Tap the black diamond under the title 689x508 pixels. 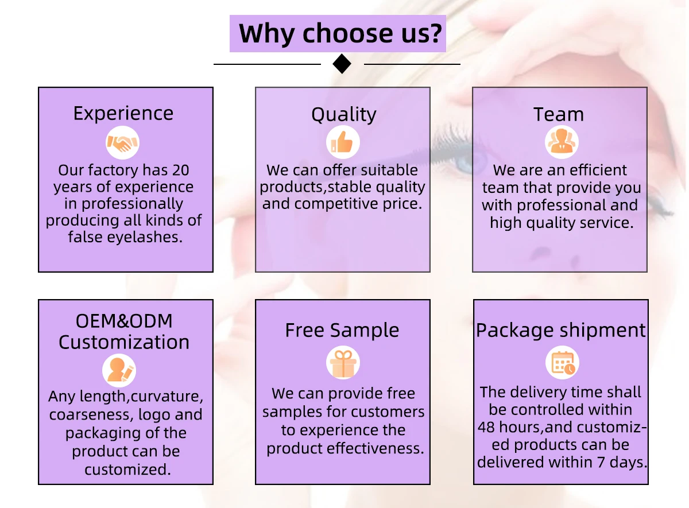342,64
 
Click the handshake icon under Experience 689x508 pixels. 123,143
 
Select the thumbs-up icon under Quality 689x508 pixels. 343,143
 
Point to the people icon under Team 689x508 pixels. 561,142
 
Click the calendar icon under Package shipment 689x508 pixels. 562,363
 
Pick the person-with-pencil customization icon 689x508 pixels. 119,370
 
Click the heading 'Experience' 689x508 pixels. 123,114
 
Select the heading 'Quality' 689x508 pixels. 343,115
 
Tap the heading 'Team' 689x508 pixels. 558,114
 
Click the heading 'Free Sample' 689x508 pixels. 342,331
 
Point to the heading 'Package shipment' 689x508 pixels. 561,331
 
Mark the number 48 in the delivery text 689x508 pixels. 487,428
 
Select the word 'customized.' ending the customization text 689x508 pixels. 127,470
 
